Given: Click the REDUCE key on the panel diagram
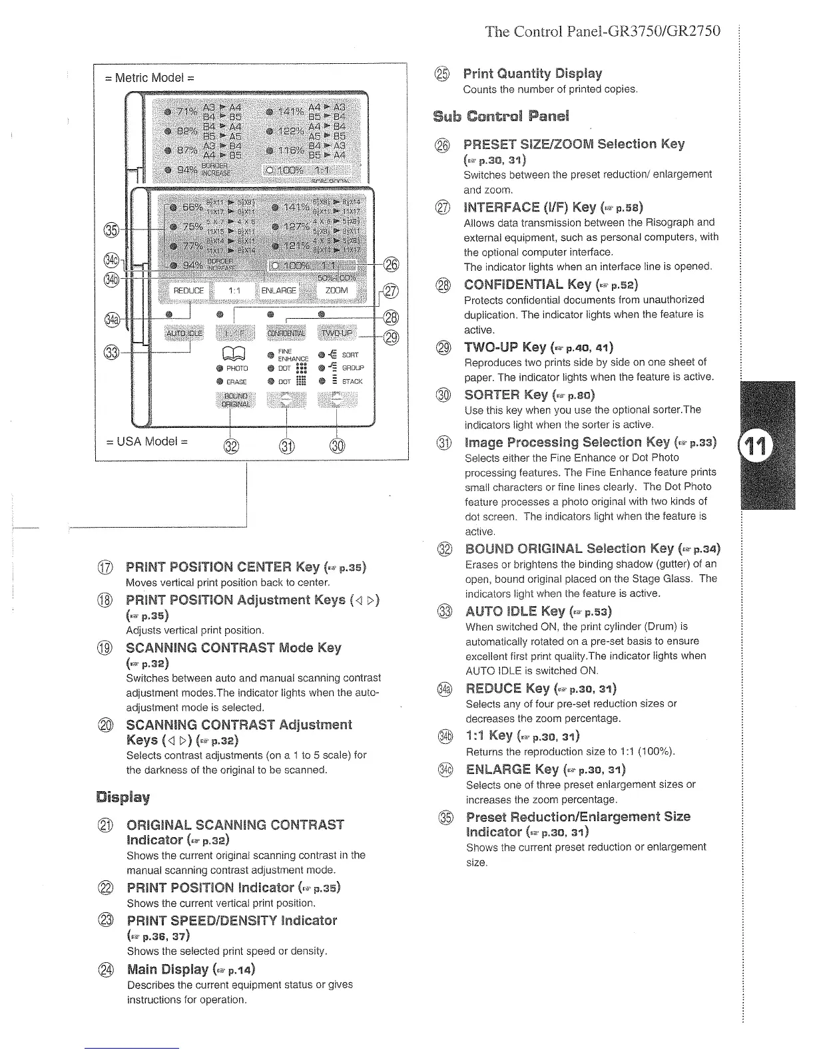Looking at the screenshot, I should [188, 291].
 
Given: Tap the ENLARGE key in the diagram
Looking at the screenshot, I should [279, 291].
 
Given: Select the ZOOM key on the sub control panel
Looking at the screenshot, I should [336, 291].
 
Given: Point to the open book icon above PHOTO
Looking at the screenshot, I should [238, 353].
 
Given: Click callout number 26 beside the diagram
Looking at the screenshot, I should [391, 265].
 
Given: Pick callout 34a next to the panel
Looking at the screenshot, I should [112, 320].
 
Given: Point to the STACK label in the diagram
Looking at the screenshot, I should [352, 382].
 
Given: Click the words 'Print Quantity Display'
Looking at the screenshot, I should [532, 73].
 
